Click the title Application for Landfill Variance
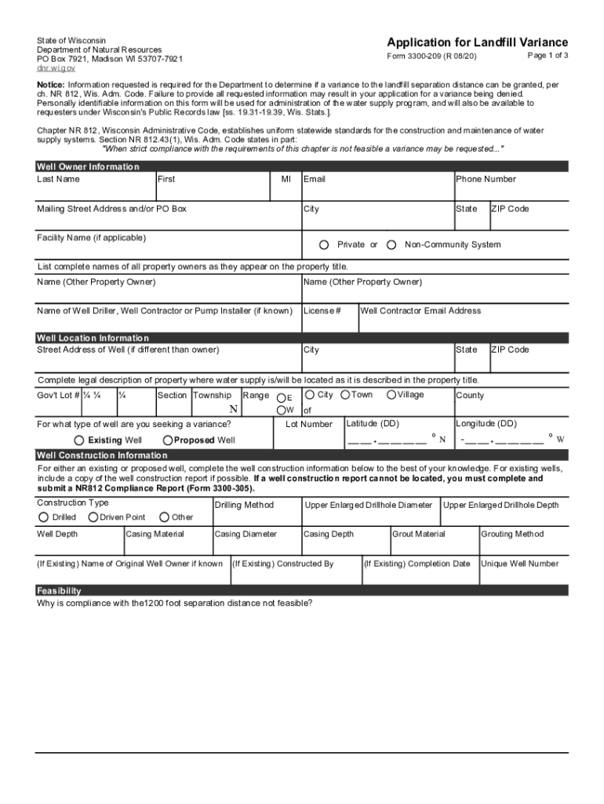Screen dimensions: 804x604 [x=477, y=42]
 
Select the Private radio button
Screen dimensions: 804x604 [x=324, y=245]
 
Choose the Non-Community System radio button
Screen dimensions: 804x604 [x=391, y=245]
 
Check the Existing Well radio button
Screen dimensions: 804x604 [x=78, y=440]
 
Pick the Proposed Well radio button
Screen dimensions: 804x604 [x=168, y=440]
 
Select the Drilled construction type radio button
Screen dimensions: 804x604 [x=43, y=517]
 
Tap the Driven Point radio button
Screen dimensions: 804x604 [x=93, y=517]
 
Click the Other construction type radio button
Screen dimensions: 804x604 [x=164, y=517]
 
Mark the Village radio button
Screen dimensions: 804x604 [x=391, y=395]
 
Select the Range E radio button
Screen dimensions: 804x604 [x=281, y=397]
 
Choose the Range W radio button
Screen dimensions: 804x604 [x=281, y=410]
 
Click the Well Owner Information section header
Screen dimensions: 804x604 [x=88, y=166]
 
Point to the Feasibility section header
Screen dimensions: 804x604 [x=59, y=590]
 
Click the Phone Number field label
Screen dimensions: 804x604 [x=486, y=179]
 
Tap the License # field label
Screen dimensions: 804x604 [x=322, y=311]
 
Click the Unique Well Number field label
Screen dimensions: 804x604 [x=519, y=564]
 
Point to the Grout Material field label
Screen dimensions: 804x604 [x=419, y=535]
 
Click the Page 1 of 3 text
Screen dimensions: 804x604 [x=548, y=56]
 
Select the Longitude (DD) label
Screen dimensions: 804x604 [x=486, y=424]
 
